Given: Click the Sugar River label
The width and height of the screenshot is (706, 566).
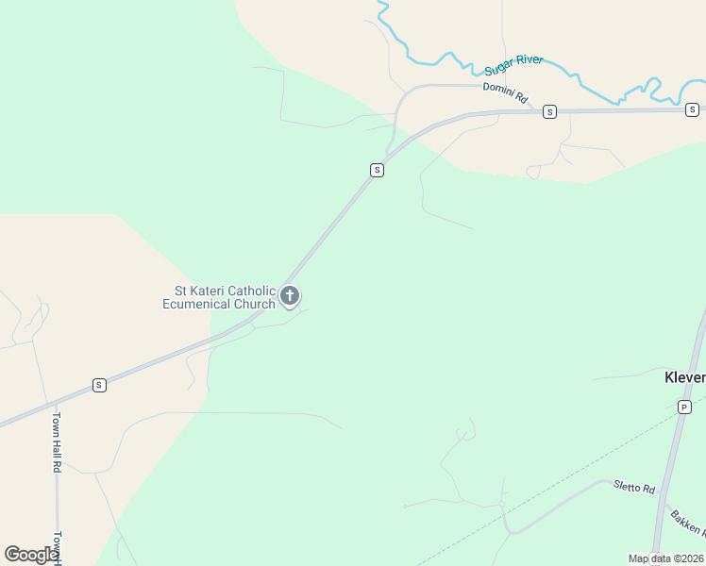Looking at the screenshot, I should (x=514, y=65).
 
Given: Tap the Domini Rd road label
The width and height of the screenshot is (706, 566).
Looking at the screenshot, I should (x=505, y=92).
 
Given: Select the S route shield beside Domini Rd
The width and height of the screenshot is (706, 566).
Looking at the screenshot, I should (x=549, y=111).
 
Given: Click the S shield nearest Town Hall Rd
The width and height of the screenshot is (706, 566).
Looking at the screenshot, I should (x=99, y=385).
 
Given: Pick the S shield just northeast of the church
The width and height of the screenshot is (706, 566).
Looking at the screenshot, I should (x=377, y=170).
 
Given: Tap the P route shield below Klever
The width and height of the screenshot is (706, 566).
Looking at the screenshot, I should (x=684, y=407).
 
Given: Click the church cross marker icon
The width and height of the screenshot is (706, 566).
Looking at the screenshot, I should (x=290, y=296).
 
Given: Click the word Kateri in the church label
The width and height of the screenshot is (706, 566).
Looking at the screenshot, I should (x=211, y=291).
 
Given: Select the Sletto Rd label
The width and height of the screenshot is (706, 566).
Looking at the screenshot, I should (x=633, y=488).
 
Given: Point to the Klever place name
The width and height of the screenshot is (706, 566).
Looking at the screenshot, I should (x=684, y=377).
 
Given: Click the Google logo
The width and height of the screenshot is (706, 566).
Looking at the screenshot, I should (x=30, y=555).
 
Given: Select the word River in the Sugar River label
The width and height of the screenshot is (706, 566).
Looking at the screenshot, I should (x=528, y=61).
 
